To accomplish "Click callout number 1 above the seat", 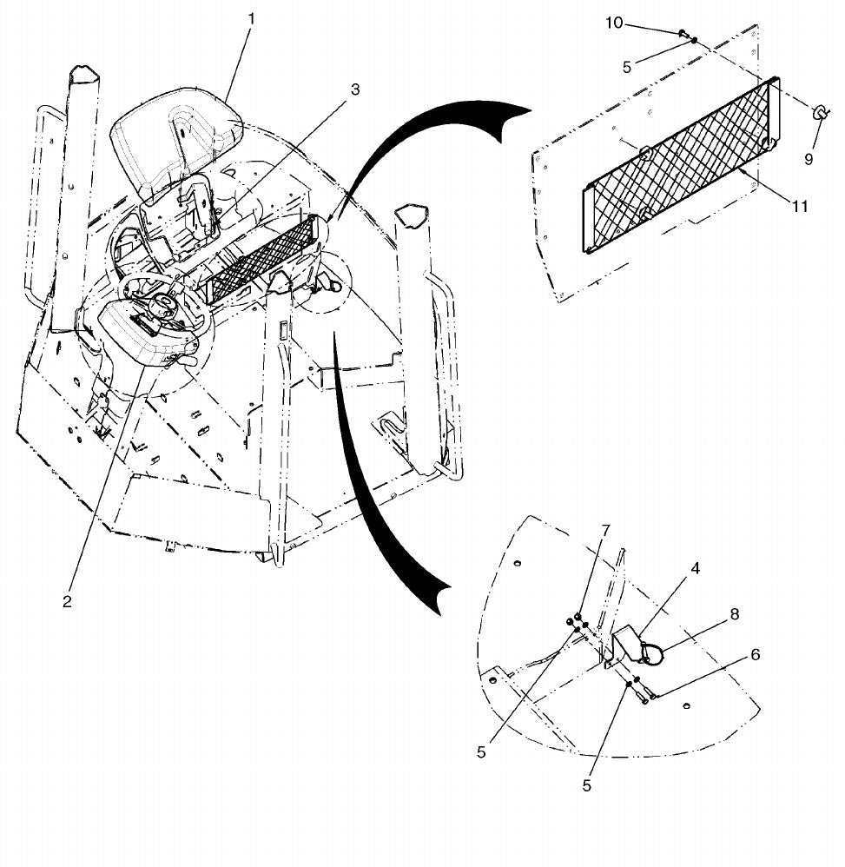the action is pyautogui.click(x=252, y=19).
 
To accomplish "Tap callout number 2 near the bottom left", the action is pyautogui.click(x=67, y=601).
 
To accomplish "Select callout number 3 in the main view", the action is pyautogui.click(x=355, y=89).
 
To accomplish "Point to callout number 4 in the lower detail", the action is pyautogui.click(x=696, y=568).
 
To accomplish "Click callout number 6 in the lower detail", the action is pyautogui.click(x=755, y=655).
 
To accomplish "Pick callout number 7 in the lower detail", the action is pyautogui.click(x=605, y=531).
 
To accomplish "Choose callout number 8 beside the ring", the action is pyautogui.click(x=735, y=614).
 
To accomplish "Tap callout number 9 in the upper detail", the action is pyautogui.click(x=809, y=159).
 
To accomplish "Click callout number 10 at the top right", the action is pyautogui.click(x=614, y=23).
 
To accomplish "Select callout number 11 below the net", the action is pyautogui.click(x=800, y=206).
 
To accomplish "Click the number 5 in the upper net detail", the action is pyautogui.click(x=627, y=67).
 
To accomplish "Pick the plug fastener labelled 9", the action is pyautogui.click(x=819, y=113).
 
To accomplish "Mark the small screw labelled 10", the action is pyautogui.click(x=683, y=33).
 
